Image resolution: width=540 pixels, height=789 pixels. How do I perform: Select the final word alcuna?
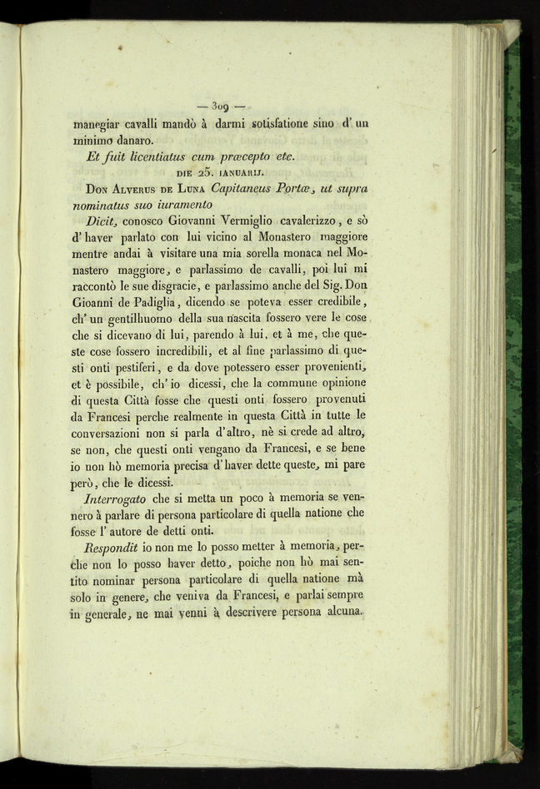[341, 615]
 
